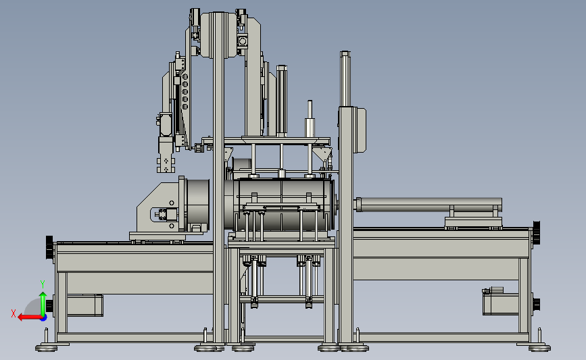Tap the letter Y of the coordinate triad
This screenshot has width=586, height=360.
pyautogui.click(x=43, y=284)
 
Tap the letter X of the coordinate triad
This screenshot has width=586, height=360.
pyautogui.click(x=14, y=313)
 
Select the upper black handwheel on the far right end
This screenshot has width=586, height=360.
pyautogui.click(x=536, y=233)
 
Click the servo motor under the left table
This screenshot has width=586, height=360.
pyautogui.click(x=84, y=305)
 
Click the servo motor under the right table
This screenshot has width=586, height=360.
pyautogui.click(x=500, y=302)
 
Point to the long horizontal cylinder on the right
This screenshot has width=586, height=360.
pyautogui.click(x=429, y=205)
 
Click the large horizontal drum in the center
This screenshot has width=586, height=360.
pyautogui.click(x=283, y=205)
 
